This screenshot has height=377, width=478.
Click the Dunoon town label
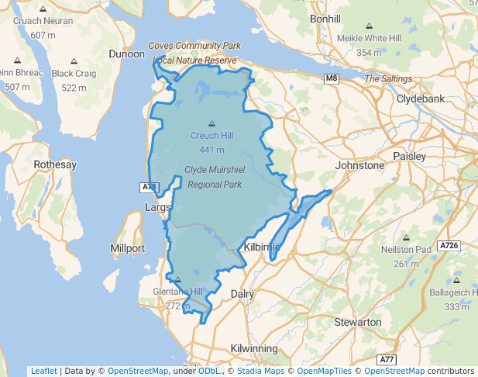tap(126, 54)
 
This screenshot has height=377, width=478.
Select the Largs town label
tap(158, 207)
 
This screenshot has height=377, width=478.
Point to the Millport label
tap(128, 248)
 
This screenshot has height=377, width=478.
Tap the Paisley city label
tap(410, 156)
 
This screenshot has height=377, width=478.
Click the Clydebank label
tap(419, 99)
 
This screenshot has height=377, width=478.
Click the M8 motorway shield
tap(332, 78)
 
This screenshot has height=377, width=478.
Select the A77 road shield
tap(388, 360)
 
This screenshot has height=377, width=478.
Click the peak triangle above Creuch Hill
tap(211, 123)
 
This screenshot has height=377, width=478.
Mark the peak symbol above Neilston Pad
tap(406, 238)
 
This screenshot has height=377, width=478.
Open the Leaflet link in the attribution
tap(43, 371)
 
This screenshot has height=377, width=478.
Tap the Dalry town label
tap(242, 293)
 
